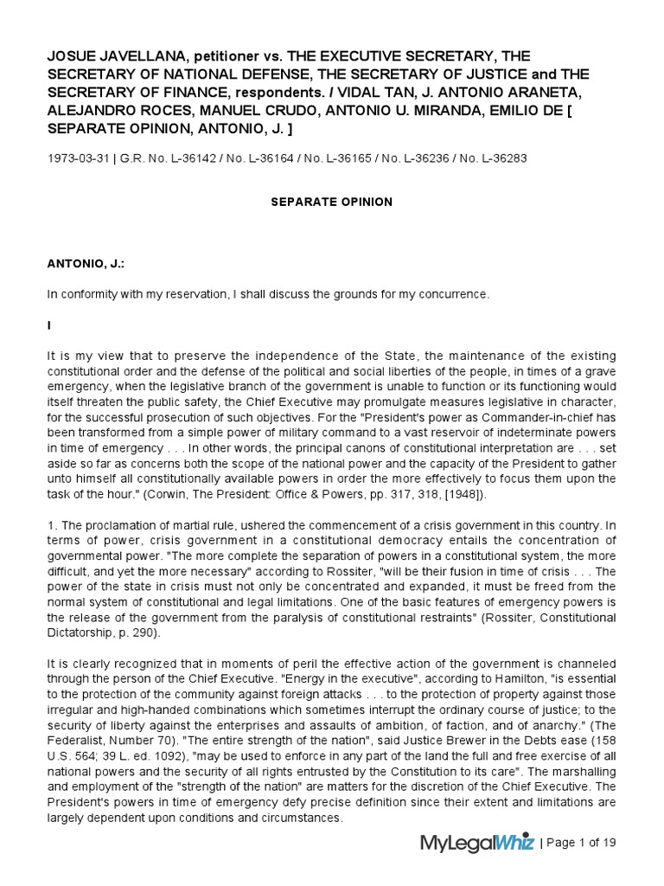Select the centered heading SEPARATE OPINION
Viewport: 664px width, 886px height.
[331, 202]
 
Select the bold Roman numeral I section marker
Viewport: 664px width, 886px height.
[49, 324]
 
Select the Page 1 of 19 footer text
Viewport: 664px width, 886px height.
[580, 843]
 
